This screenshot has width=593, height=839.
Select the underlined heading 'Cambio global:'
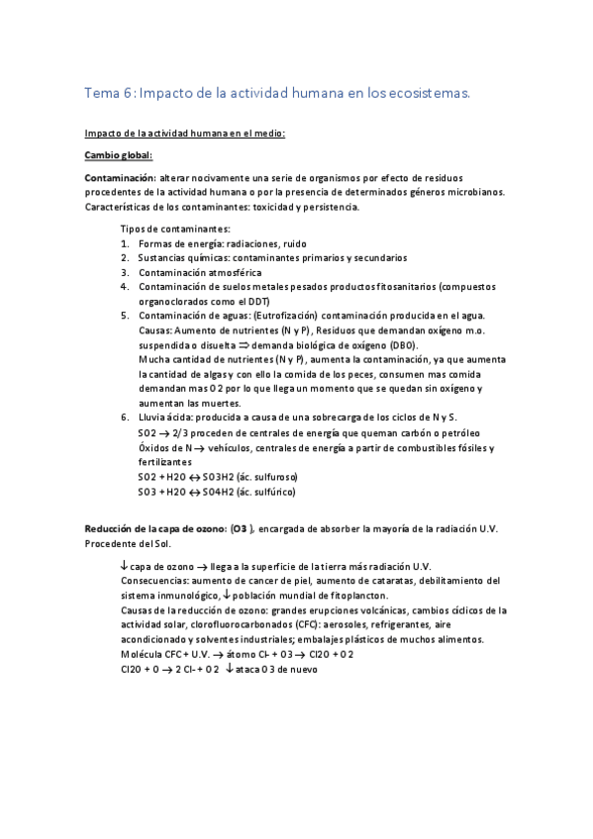click(118, 155)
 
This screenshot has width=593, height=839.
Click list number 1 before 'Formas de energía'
click(125, 243)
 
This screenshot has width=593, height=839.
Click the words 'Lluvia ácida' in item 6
click(165, 418)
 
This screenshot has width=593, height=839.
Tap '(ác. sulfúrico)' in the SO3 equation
click(260, 492)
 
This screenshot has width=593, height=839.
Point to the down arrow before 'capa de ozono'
click(123, 565)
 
